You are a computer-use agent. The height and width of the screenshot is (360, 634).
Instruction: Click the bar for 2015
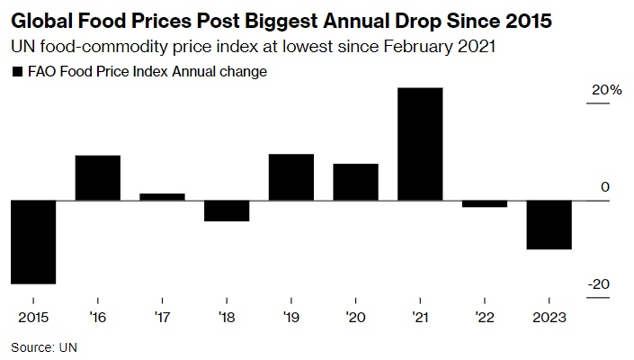click(33, 241)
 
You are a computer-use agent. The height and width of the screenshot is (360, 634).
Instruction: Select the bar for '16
click(97, 177)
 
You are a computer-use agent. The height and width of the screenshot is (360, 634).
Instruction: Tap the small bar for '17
click(162, 196)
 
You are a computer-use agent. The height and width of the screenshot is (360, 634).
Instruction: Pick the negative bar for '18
click(227, 210)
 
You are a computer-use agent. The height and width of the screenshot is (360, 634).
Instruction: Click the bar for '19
click(291, 176)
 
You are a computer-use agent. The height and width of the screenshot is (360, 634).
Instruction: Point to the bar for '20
click(356, 182)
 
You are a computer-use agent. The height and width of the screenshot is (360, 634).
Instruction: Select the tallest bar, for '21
click(420, 143)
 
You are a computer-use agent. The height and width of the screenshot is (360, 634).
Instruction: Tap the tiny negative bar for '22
click(485, 203)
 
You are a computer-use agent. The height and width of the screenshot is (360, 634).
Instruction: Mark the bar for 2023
click(549, 224)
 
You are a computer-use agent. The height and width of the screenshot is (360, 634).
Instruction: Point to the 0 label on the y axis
click(605, 187)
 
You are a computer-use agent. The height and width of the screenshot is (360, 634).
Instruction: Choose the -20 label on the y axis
click(599, 284)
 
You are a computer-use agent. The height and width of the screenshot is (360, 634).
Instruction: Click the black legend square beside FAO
click(16, 72)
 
